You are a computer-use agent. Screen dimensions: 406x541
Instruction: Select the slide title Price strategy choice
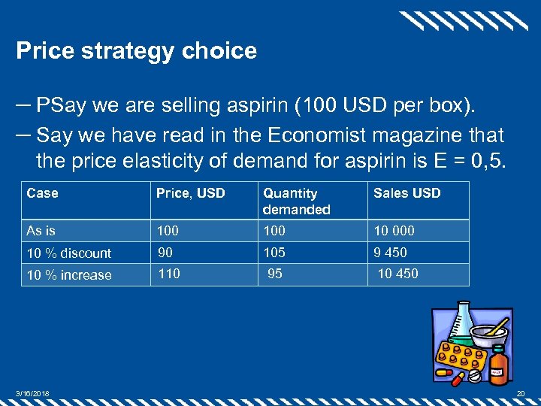[136, 51]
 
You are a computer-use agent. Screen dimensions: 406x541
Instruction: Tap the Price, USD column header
[190, 193]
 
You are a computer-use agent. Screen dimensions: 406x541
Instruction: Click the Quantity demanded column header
[296, 201]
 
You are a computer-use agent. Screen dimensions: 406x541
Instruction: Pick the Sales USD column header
[407, 193]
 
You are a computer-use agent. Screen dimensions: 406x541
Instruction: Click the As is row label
[41, 231]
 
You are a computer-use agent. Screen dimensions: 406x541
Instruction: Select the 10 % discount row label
[68, 253]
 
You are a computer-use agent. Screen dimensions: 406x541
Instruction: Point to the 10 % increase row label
[68, 275]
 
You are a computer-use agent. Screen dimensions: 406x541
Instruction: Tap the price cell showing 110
[168, 274]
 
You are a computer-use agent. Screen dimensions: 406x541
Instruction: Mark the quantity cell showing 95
[275, 274]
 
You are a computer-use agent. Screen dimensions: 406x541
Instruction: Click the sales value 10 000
[394, 231]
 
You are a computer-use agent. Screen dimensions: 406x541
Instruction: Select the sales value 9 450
[390, 253]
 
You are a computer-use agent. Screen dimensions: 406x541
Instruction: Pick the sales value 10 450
[397, 274]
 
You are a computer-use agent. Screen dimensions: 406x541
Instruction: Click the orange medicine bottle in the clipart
[497, 367]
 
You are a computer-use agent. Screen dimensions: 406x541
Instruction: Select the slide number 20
[521, 394]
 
